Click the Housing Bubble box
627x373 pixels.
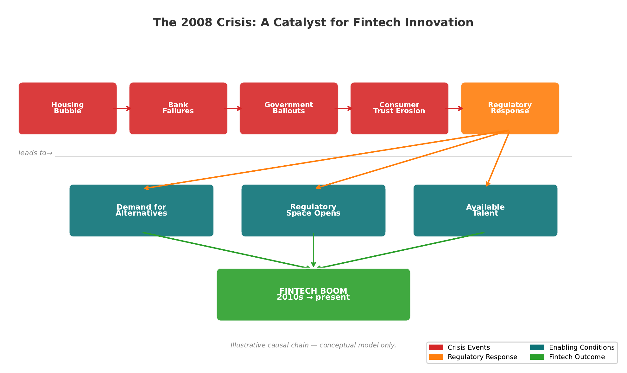point(67,108)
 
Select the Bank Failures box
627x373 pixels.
point(178,108)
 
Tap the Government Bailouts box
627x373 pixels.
point(288,108)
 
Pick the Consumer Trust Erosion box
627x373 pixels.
point(399,108)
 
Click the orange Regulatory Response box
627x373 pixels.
point(510,108)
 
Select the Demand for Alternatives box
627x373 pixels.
point(141,210)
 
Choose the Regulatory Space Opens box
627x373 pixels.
point(313,210)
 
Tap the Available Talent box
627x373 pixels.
point(485,210)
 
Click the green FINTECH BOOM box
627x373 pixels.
point(313,294)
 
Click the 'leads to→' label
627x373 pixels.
point(35,153)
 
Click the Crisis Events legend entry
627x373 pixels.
point(468,347)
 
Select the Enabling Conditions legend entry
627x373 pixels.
point(581,347)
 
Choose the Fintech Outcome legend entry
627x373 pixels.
point(576,357)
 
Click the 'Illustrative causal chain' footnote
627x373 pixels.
point(313,345)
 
